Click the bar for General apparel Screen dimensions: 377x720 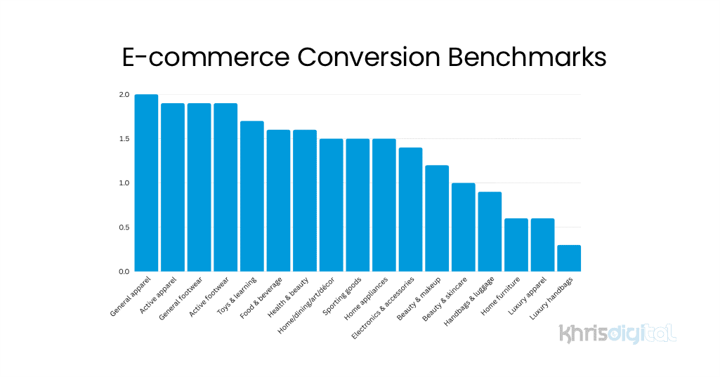pos(146,183)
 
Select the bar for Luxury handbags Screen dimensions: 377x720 pos(569,258)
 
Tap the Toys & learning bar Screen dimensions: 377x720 pos(252,196)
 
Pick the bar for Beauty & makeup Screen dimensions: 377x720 pos(437,218)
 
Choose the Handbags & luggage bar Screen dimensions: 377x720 pos(490,232)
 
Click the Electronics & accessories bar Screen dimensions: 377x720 pos(410,209)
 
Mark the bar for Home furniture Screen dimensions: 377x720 pos(516,245)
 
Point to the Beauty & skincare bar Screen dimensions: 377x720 pos(464,227)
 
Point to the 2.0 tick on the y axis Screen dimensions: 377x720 pos(124,95)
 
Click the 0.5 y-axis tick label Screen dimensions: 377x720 pos(124,227)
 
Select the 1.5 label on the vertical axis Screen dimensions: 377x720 pos(124,139)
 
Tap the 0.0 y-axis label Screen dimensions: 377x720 pos(124,272)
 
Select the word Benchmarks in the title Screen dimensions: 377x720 pos(527,58)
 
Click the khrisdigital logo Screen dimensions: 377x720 pos(617,333)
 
